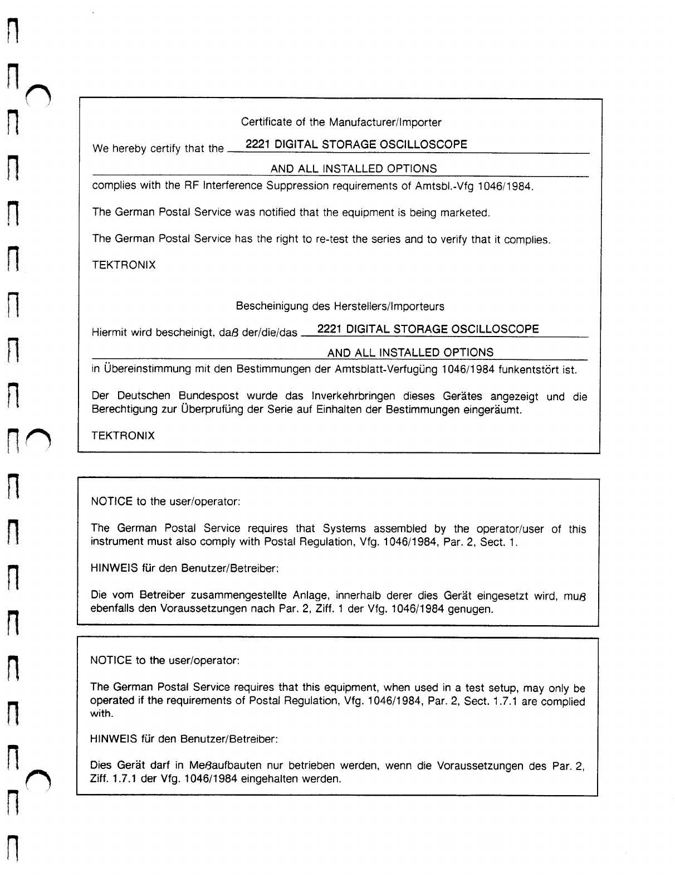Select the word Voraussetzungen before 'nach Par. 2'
(x=202, y=608)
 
